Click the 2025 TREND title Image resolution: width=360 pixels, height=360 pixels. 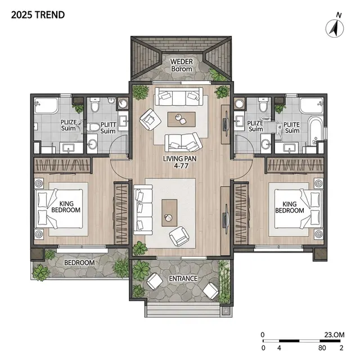[38, 15]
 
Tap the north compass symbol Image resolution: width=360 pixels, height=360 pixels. [335, 28]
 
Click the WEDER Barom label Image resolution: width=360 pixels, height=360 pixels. [182, 65]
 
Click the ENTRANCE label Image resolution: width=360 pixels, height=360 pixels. [183, 278]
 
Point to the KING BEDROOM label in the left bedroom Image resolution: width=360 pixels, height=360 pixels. [66, 207]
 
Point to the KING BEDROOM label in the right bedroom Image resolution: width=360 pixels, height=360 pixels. [290, 208]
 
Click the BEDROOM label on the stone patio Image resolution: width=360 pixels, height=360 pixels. [79, 263]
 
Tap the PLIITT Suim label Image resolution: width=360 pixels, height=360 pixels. [108, 128]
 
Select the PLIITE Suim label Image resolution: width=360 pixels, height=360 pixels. [292, 128]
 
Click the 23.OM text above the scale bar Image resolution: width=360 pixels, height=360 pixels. [335, 335]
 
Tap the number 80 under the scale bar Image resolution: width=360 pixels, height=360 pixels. [322, 348]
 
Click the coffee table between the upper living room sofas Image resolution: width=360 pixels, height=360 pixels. [182, 119]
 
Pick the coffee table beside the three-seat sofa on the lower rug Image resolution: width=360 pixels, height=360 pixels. [169, 213]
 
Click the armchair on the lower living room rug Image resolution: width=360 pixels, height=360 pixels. [179, 236]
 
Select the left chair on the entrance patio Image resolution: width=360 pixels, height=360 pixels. [155, 281]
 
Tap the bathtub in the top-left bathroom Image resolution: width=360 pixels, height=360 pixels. [46, 106]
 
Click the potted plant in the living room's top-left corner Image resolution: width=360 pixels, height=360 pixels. [140, 92]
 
